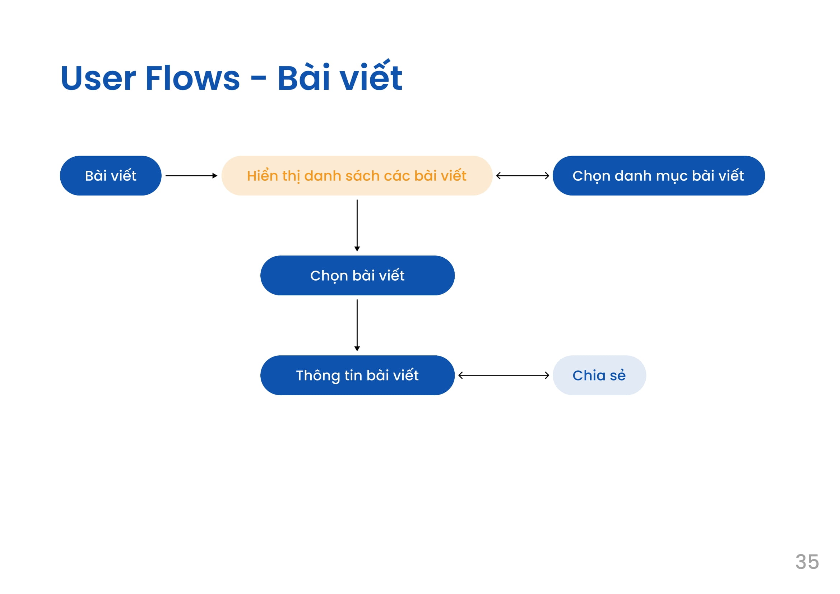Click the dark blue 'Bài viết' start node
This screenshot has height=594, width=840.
coord(111,176)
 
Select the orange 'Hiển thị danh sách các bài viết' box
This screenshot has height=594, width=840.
coord(357,176)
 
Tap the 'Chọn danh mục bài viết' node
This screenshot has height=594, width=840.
coord(659,176)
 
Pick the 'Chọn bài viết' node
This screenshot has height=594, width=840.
coord(357,276)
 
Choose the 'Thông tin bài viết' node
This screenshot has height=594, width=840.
coord(357,376)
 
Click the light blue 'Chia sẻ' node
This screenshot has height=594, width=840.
coord(599,376)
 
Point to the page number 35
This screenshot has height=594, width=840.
coord(807,562)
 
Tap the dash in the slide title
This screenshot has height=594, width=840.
coord(258,79)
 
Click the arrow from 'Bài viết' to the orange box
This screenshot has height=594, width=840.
coord(191,176)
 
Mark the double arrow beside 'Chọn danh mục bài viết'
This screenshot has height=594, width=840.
coord(523,176)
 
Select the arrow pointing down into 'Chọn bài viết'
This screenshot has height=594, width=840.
coord(357,225)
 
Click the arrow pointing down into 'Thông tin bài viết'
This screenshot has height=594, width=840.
coord(357,325)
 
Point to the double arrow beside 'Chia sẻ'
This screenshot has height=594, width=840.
coord(504,376)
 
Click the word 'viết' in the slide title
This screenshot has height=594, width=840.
coord(371,76)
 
